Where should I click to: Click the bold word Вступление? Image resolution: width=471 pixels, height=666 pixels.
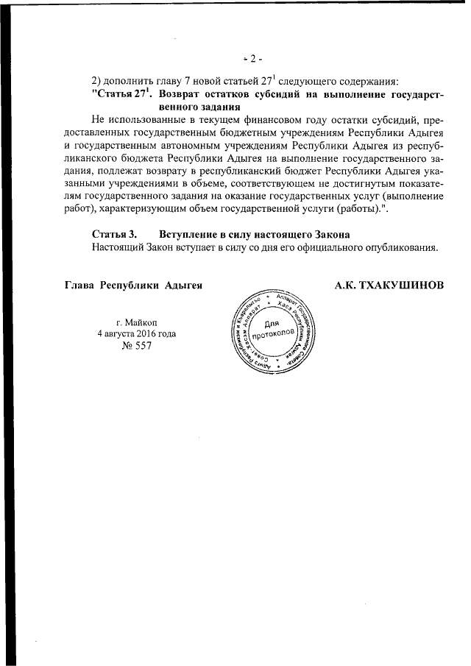(189, 234)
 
